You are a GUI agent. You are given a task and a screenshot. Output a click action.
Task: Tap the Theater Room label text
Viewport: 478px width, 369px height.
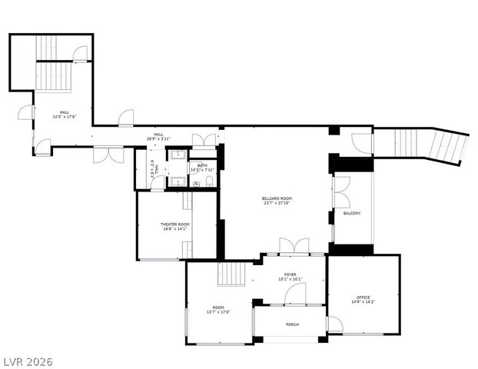pyautogui.click(x=174, y=226)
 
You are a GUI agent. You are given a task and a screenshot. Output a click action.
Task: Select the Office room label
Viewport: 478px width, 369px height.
pyautogui.click(x=363, y=299)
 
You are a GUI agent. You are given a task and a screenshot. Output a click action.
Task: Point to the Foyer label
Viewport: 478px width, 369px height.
pyautogui.click(x=290, y=276)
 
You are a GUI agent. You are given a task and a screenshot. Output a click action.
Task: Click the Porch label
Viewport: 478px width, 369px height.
pyautogui.click(x=292, y=324)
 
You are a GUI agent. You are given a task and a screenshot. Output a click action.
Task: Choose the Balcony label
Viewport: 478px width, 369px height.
pyautogui.click(x=352, y=213)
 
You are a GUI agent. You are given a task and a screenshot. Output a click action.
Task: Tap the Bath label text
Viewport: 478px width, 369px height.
pyautogui.click(x=202, y=167)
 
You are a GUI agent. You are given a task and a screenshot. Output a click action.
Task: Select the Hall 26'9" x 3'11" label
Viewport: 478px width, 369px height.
pyautogui.click(x=158, y=137)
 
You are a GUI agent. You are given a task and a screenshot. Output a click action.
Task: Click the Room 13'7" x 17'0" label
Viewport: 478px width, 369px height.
pyautogui.click(x=217, y=309)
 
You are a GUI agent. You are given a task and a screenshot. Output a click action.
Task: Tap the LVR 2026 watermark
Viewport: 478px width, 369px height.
pyautogui.click(x=27, y=361)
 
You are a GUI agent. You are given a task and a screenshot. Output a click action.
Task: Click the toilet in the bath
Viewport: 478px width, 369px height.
pyautogui.click(x=209, y=182)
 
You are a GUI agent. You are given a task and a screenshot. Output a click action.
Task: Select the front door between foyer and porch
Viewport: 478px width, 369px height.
pyautogui.click(x=295, y=294)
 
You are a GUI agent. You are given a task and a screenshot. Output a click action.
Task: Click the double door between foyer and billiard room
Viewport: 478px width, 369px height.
pyautogui.click(x=294, y=246)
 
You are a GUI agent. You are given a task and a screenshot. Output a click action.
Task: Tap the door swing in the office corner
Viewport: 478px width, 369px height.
pyautogui.click(x=335, y=324)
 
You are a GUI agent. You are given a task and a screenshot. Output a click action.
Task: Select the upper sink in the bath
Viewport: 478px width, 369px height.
pyautogui.click(x=176, y=155)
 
